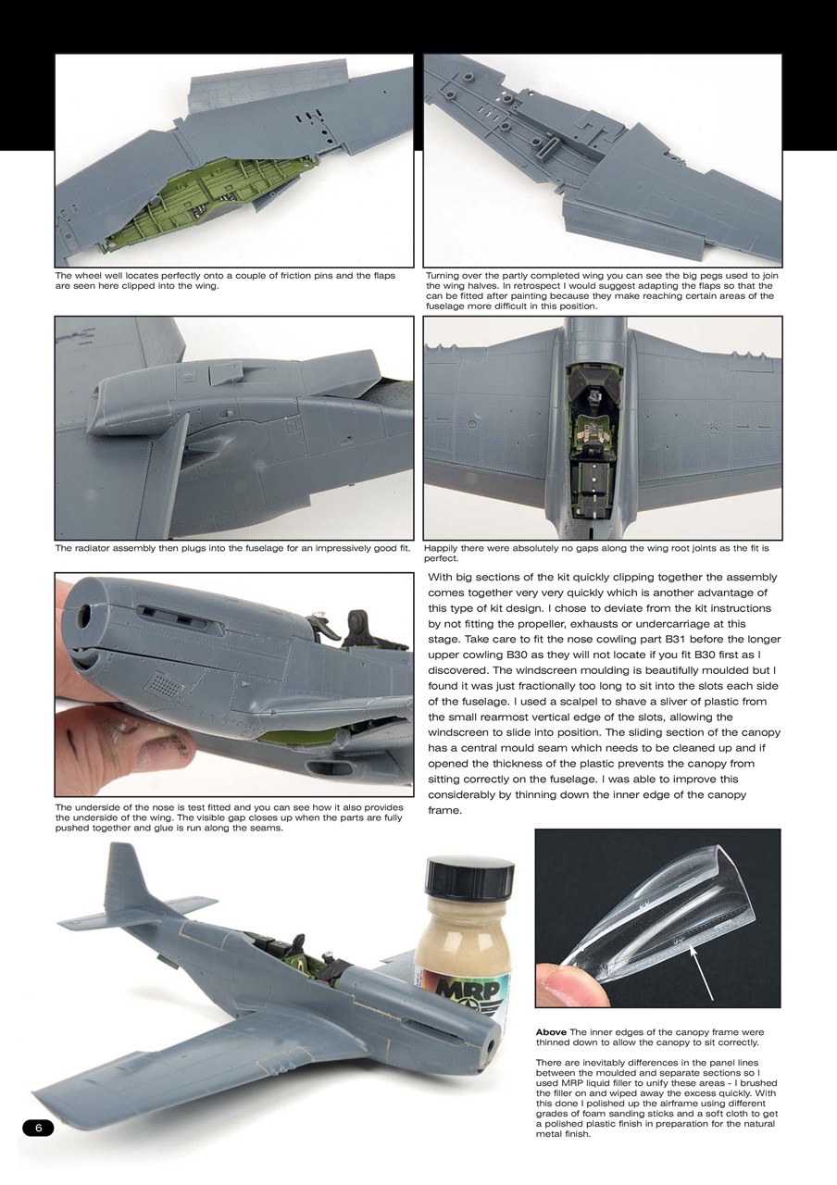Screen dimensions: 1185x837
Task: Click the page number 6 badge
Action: pos(38,1128)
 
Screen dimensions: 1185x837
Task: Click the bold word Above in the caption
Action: pos(552,1032)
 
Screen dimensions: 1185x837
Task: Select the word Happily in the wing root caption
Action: pos(443,548)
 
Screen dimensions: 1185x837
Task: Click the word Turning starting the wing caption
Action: pos(445,276)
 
